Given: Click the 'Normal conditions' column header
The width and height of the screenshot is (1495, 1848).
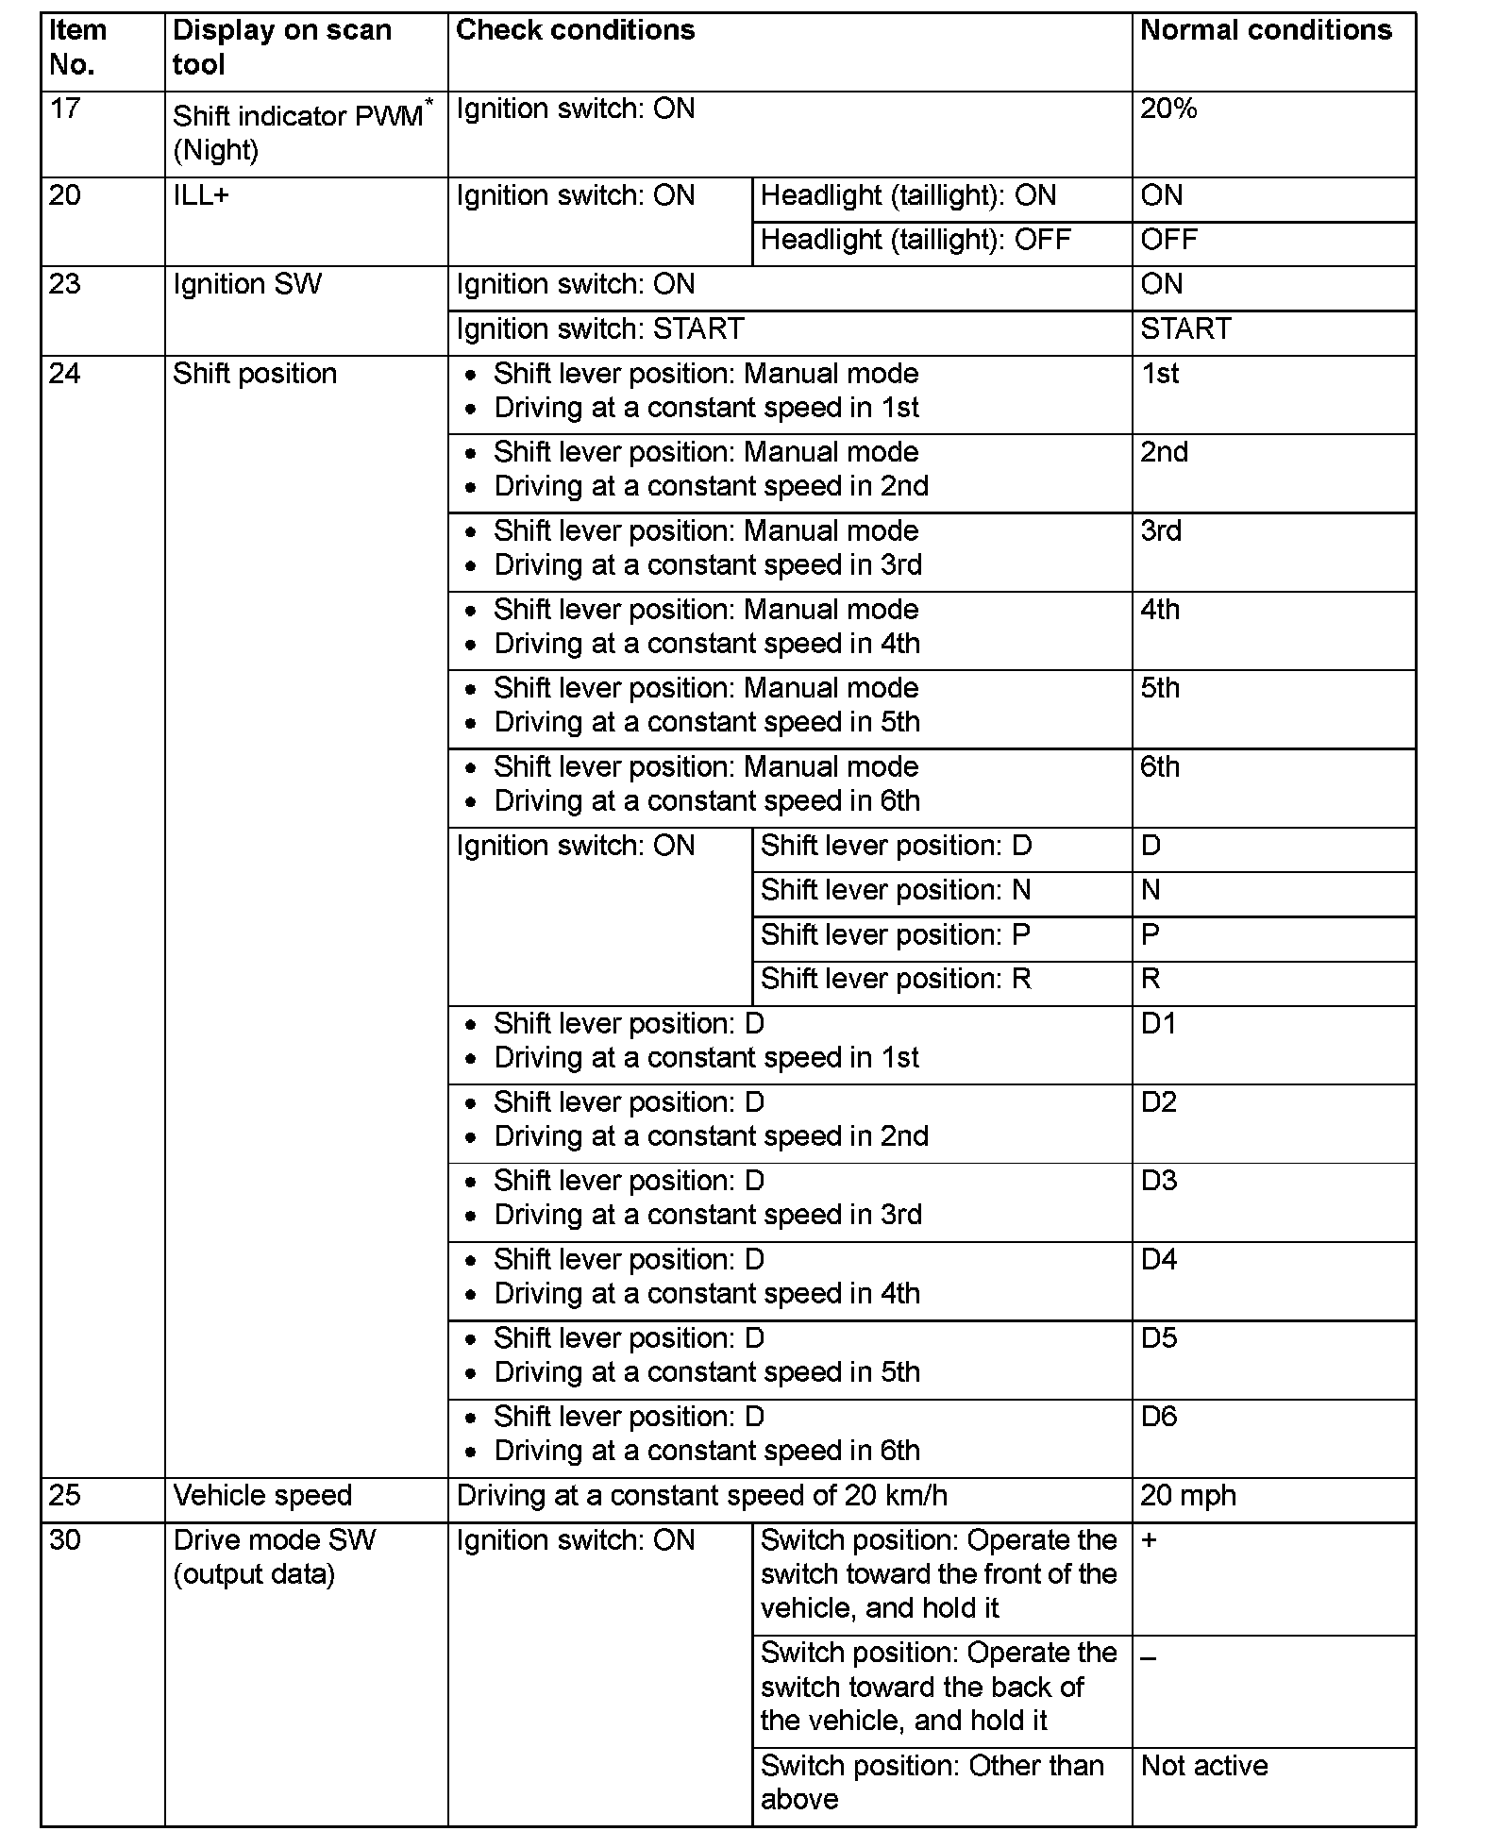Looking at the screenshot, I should click(x=1266, y=30).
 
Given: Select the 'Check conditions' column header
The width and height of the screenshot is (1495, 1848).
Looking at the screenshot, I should click(x=575, y=30).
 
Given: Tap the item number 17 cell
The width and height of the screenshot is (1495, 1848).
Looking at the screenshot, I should click(x=64, y=109).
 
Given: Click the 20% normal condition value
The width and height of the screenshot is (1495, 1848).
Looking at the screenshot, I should click(x=1168, y=109).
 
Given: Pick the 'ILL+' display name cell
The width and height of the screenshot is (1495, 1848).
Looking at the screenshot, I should click(x=200, y=196).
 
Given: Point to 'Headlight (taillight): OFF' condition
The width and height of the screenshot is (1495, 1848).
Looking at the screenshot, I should click(x=915, y=240).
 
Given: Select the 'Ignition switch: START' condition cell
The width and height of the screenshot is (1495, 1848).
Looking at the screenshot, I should click(x=600, y=329).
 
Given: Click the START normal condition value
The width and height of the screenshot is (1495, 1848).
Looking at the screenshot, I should click(x=1185, y=329).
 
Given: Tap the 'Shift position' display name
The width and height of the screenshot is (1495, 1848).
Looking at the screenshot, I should click(x=255, y=374).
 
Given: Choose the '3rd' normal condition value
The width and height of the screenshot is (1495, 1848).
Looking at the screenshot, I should click(x=1161, y=531).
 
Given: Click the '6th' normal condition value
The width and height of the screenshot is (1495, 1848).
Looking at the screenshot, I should click(x=1160, y=767).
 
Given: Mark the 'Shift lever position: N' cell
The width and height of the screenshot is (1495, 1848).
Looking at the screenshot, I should click(x=896, y=891).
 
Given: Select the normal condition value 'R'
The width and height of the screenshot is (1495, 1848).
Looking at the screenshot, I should click(x=1151, y=980).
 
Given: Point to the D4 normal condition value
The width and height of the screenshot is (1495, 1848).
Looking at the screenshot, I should click(x=1159, y=1260).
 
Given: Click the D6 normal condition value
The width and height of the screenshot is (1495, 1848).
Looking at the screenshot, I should click(x=1159, y=1417).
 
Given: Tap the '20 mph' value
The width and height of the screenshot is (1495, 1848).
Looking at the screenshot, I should click(x=1188, y=1496).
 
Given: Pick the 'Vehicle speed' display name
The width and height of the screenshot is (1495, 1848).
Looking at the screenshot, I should click(x=262, y=1496).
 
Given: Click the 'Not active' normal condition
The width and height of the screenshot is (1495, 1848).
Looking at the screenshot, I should click(x=1204, y=1766).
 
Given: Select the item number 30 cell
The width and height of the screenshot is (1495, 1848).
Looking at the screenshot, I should click(x=64, y=1540).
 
